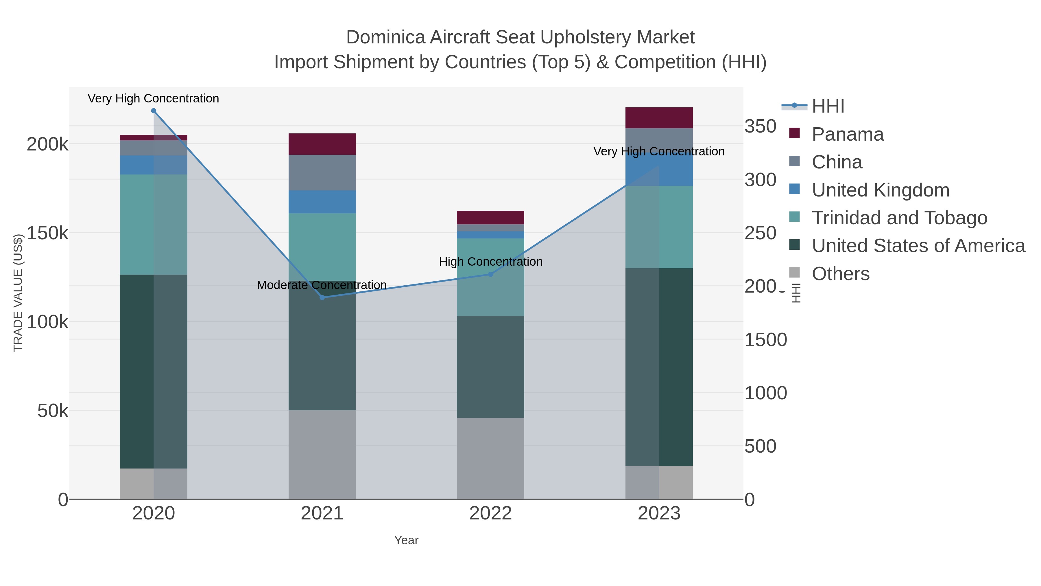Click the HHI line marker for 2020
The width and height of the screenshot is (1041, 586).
(154, 111)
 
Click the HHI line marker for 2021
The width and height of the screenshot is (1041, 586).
(322, 298)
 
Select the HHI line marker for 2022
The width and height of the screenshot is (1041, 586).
(491, 274)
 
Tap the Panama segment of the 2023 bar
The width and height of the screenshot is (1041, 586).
(659, 118)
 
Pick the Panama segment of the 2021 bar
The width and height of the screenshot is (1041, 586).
(322, 144)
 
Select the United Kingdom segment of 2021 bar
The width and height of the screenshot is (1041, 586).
(322, 202)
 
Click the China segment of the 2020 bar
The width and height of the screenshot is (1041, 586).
(154, 148)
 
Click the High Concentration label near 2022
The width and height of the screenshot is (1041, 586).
(491, 262)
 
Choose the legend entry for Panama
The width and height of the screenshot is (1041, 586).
(848, 134)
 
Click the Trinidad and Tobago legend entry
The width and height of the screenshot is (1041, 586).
(899, 218)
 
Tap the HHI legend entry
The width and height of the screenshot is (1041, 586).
(828, 106)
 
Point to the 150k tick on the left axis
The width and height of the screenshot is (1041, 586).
(48, 233)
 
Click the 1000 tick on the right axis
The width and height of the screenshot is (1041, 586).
(765, 393)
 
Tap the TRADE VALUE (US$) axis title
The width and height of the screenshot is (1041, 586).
(18, 293)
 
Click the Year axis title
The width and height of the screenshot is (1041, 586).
(406, 540)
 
